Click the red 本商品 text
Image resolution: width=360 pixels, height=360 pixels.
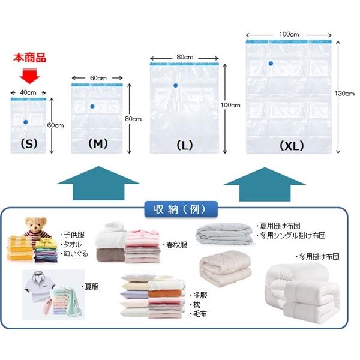[29, 58]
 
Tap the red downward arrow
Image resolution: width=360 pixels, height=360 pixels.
[29, 76]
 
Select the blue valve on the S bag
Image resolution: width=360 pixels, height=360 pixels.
[26, 122]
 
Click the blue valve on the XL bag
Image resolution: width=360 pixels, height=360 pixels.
[271, 64]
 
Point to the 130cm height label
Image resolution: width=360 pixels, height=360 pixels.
[344, 94]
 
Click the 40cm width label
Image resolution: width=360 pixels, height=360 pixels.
[28, 92]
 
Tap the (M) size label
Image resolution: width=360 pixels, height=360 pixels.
[98, 144]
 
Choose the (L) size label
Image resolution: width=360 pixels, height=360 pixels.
[185, 145]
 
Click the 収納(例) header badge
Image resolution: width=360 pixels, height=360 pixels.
[181, 209]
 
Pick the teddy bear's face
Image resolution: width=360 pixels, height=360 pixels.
[36, 224]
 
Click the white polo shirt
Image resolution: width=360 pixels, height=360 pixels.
[39, 287]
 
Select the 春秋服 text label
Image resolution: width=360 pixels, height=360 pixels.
[175, 245]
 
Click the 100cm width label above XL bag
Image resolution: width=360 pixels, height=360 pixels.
[289, 34]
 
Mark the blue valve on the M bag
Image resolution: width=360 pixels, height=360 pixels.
[92, 106]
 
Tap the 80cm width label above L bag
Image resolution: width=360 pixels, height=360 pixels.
[185, 57]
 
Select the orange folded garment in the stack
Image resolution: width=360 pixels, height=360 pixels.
[164, 293]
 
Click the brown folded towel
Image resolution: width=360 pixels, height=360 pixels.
[110, 255]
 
